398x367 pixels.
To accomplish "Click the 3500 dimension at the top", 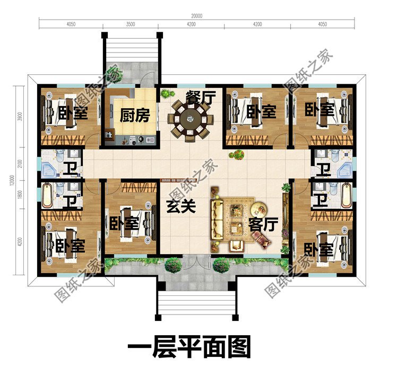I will coord(131,24).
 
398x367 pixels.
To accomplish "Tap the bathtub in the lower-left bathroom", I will coord(47,195).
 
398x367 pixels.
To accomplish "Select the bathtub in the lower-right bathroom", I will coord(347,195).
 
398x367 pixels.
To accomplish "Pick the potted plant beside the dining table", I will coord(166,94).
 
